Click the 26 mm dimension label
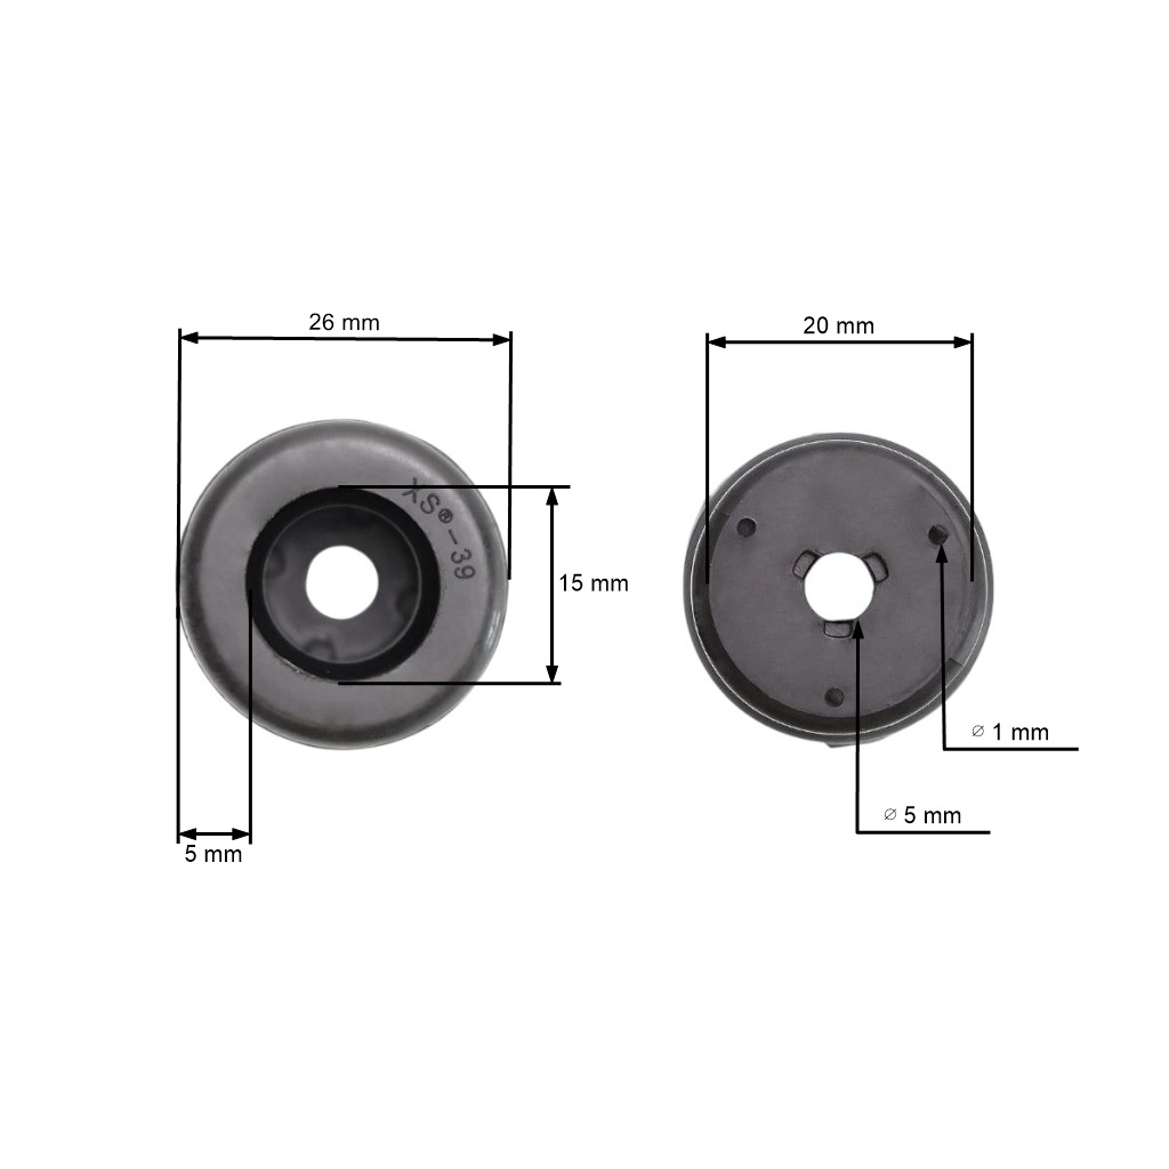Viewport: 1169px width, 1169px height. (344, 323)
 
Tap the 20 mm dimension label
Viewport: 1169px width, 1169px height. (839, 326)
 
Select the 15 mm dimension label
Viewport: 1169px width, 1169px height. (593, 583)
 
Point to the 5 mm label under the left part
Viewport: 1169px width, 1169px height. (214, 855)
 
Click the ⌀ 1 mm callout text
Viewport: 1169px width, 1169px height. (1010, 732)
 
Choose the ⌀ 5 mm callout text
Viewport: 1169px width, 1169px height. (923, 816)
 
